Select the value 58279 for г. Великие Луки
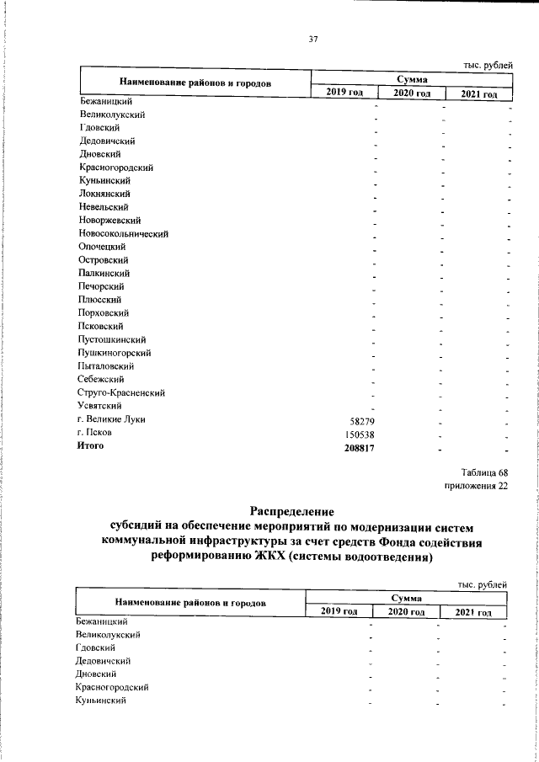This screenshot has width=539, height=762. [x=360, y=419]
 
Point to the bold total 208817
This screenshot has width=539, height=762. [x=356, y=448]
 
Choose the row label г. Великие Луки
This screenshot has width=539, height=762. [x=111, y=419]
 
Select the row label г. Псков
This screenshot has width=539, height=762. [x=96, y=433]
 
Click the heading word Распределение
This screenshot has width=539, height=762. [x=292, y=511]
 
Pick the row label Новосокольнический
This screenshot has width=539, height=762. [x=124, y=233]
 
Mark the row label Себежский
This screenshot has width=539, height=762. [x=102, y=380]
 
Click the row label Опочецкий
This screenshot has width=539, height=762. [x=103, y=247]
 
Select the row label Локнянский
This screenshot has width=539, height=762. [x=104, y=194]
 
